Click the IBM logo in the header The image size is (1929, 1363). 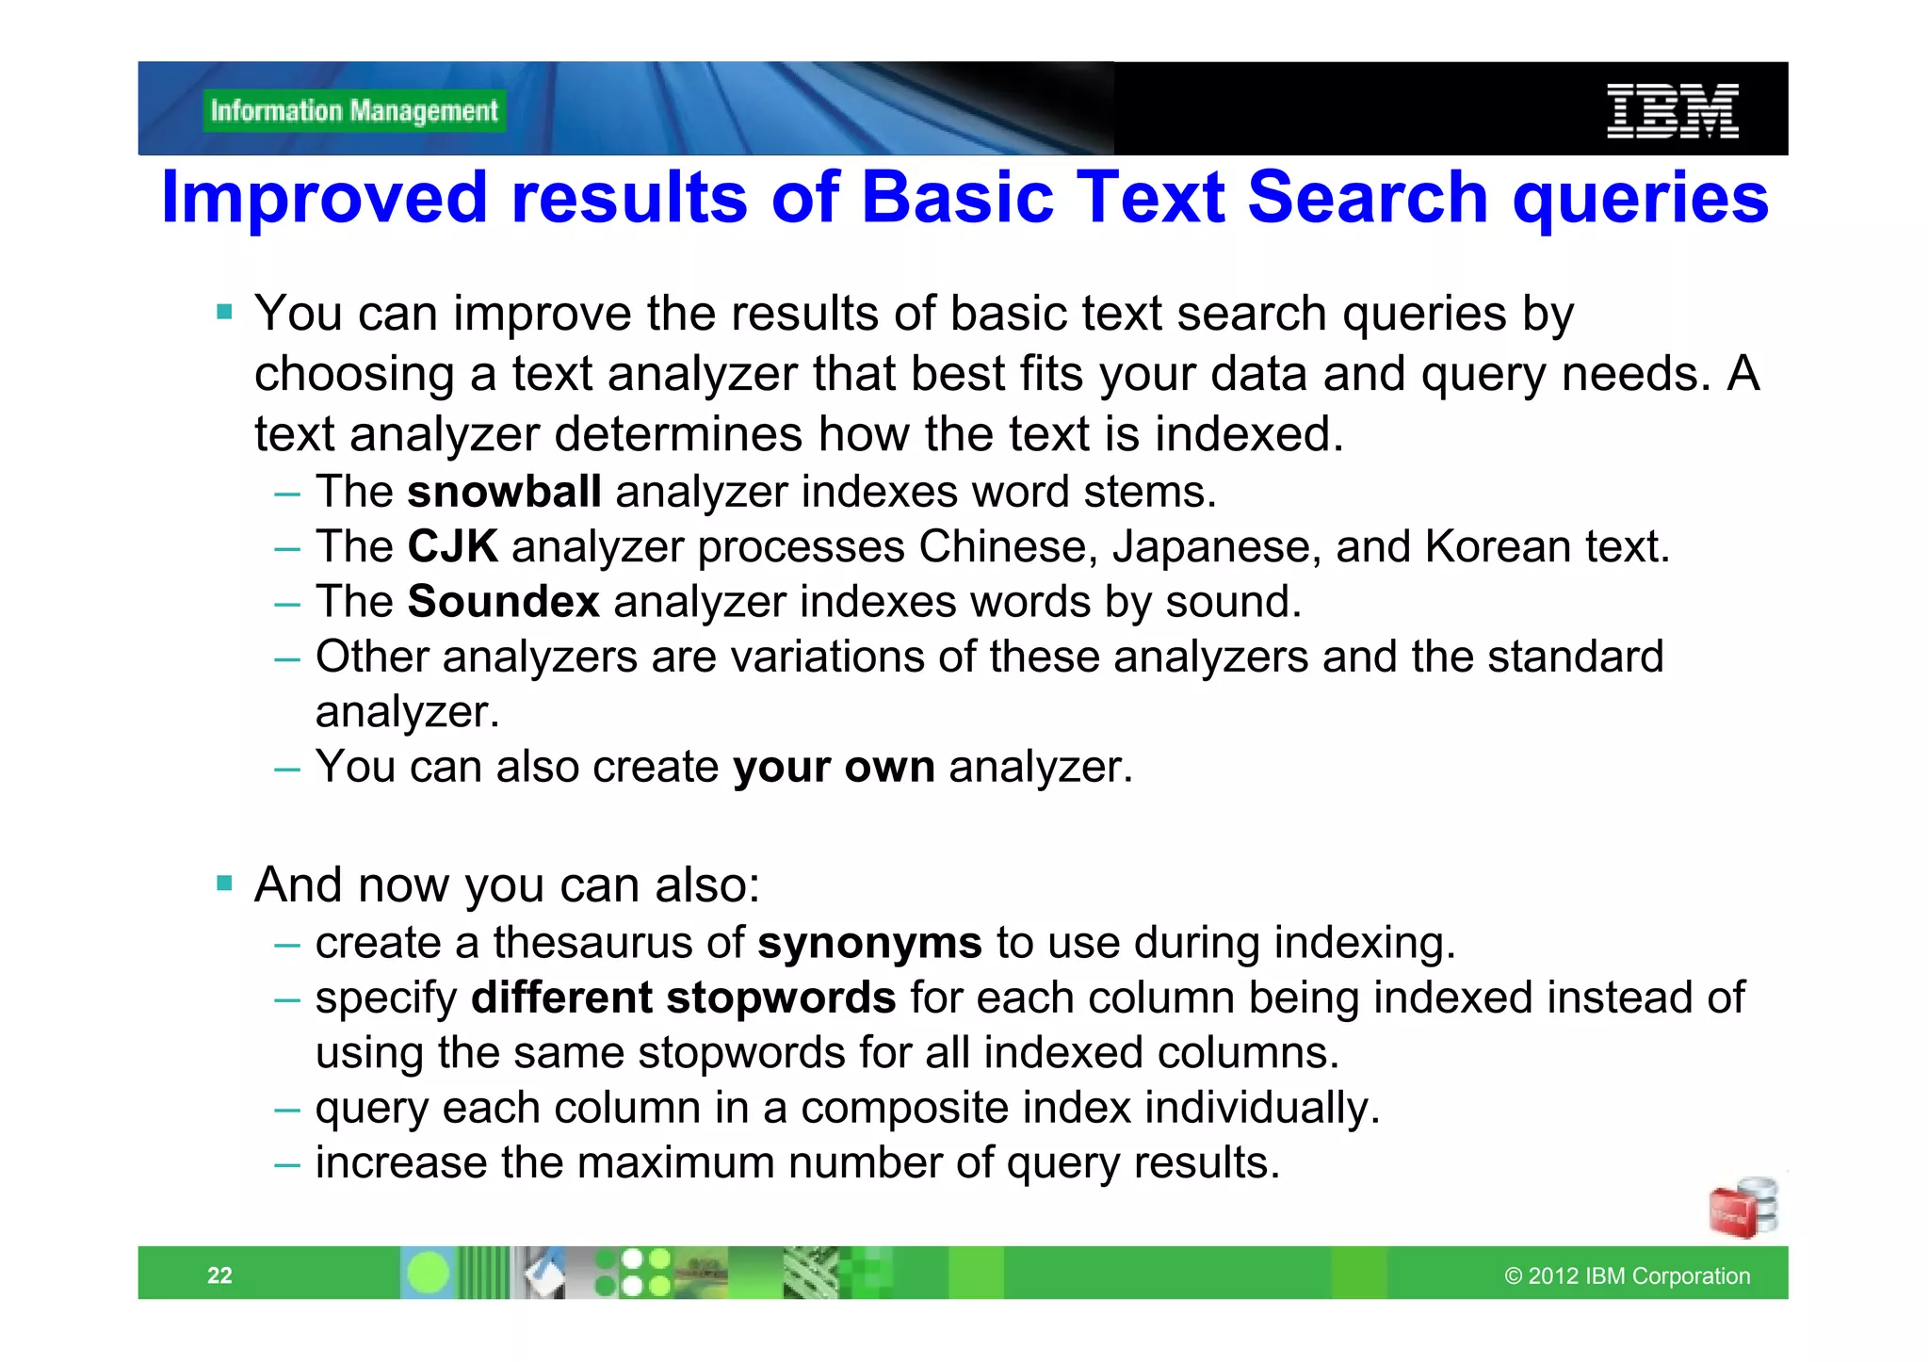point(1672,111)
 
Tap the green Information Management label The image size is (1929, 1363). point(354,111)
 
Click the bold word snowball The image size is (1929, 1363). point(504,493)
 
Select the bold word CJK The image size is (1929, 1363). point(452,547)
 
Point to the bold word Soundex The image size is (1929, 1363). point(503,602)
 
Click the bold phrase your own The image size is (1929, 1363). point(834,768)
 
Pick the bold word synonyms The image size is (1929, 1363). point(869,944)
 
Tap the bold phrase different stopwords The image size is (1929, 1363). point(683,998)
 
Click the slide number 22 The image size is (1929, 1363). point(219,1275)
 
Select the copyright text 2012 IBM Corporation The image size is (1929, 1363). point(1627,1276)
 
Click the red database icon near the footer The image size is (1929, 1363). point(1742,1208)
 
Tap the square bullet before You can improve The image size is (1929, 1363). point(224,312)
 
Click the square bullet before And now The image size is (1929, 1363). point(224,884)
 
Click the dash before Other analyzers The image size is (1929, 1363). point(287,658)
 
